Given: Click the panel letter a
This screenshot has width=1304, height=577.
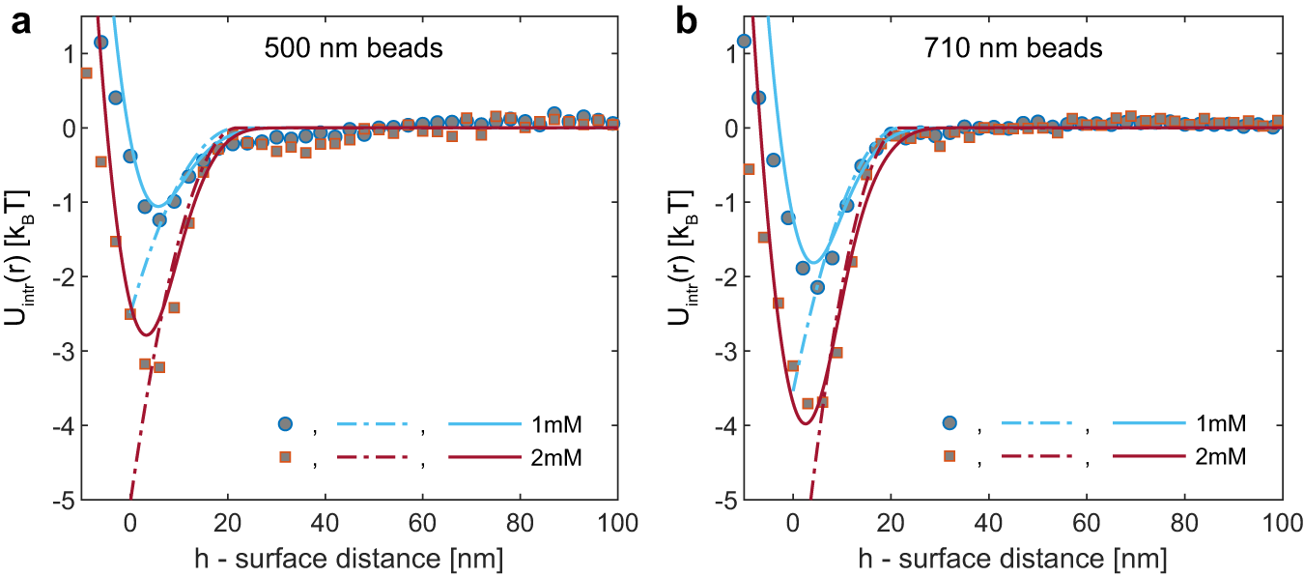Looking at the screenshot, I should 20,21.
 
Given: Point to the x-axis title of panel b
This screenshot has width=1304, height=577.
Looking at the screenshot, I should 1036,559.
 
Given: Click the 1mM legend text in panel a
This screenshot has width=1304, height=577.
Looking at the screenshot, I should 553,423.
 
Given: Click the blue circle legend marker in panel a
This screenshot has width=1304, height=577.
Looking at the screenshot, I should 285,423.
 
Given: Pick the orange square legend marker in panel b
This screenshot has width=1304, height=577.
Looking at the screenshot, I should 949,455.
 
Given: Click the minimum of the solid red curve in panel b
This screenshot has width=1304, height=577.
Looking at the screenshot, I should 805,423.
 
